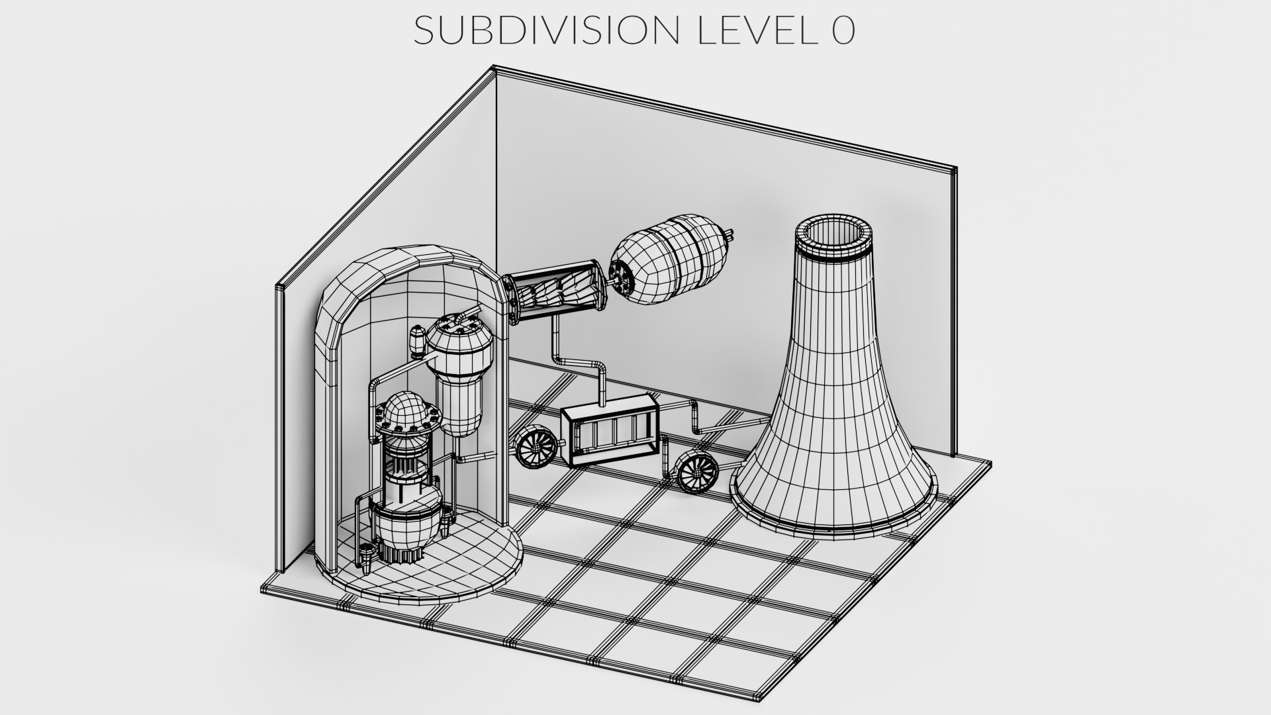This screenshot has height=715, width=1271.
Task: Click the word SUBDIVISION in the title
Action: pyautogui.click(x=545, y=30)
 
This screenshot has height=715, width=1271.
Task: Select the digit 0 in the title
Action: pyautogui.click(x=843, y=30)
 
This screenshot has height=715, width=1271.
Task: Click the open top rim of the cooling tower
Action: pyautogui.click(x=833, y=238)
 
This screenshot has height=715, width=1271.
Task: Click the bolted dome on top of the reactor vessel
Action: pyautogui.click(x=404, y=414)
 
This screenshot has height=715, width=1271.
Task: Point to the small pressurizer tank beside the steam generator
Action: pyautogui.click(x=418, y=341)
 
